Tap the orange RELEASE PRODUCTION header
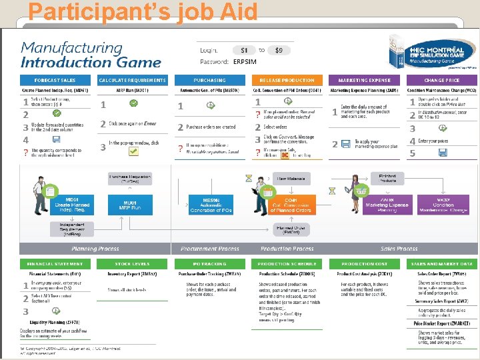click(x=287, y=80)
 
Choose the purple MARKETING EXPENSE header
click(x=364, y=80)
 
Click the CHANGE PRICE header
click(x=441, y=80)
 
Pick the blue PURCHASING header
click(x=209, y=80)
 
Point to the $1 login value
click(x=244, y=50)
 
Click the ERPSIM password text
click(x=245, y=62)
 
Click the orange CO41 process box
click(x=290, y=205)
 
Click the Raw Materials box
click(x=291, y=178)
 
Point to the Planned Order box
click(x=291, y=230)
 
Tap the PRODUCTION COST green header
click(x=364, y=264)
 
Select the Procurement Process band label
click(x=209, y=249)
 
